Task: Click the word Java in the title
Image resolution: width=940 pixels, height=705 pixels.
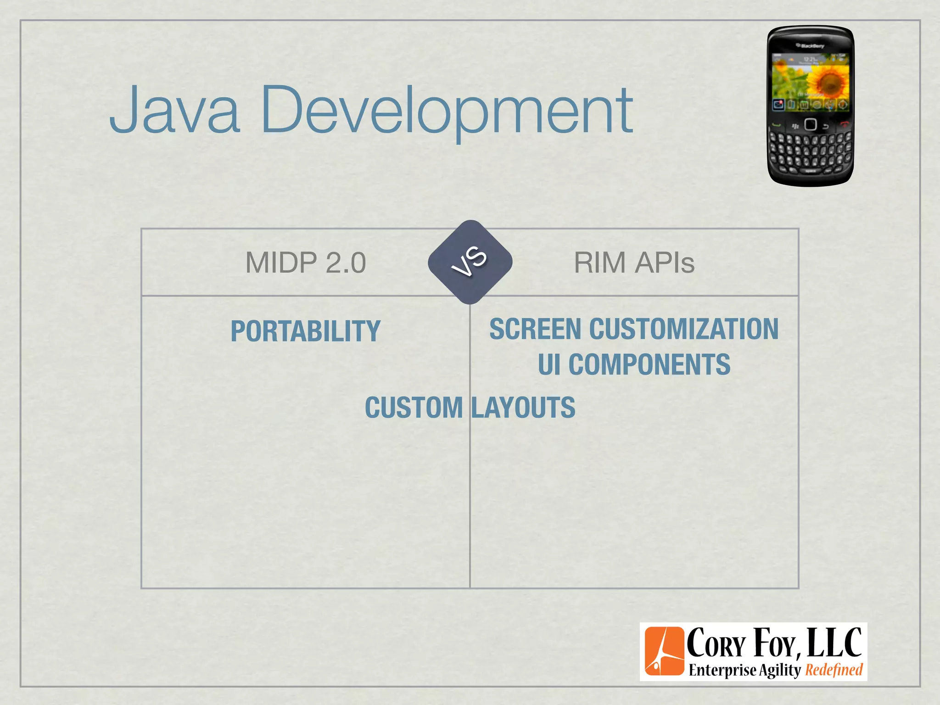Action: [174, 110]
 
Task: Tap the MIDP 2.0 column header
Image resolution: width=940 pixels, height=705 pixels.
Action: [306, 263]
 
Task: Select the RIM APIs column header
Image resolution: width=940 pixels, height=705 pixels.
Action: [634, 263]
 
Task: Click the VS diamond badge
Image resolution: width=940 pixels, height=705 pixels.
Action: [470, 262]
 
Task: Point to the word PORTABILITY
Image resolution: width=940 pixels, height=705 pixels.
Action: [306, 331]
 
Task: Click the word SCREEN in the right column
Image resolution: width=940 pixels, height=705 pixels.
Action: [535, 329]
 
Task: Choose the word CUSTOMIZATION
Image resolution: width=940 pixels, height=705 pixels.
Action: [684, 329]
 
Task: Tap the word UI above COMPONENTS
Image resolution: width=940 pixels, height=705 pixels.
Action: [549, 364]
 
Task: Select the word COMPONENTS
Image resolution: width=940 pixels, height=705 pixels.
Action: [649, 364]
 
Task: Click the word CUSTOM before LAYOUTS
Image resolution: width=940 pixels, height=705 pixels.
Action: [414, 408]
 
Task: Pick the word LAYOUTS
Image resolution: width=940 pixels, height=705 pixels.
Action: [523, 408]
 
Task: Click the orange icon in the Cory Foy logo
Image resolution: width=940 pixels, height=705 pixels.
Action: [664, 651]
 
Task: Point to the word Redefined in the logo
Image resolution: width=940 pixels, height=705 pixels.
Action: [834, 670]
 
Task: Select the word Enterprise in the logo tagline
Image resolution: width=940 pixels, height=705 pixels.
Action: [722, 670]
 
